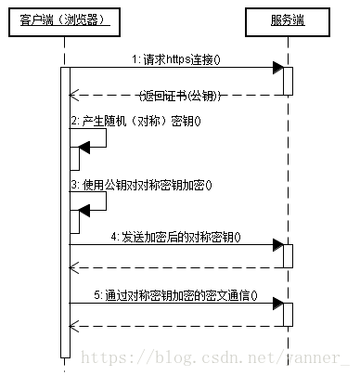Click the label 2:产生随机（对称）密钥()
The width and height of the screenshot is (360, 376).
click(x=135, y=122)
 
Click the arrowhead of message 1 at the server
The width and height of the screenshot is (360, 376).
click(x=277, y=68)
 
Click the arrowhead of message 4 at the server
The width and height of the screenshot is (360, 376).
click(x=277, y=245)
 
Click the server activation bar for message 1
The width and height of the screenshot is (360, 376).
click(x=288, y=81)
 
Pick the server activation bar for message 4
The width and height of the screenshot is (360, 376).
click(x=288, y=256)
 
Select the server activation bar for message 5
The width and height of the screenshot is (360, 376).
click(x=288, y=316)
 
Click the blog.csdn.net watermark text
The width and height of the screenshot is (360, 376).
click(x=213, y=357)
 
